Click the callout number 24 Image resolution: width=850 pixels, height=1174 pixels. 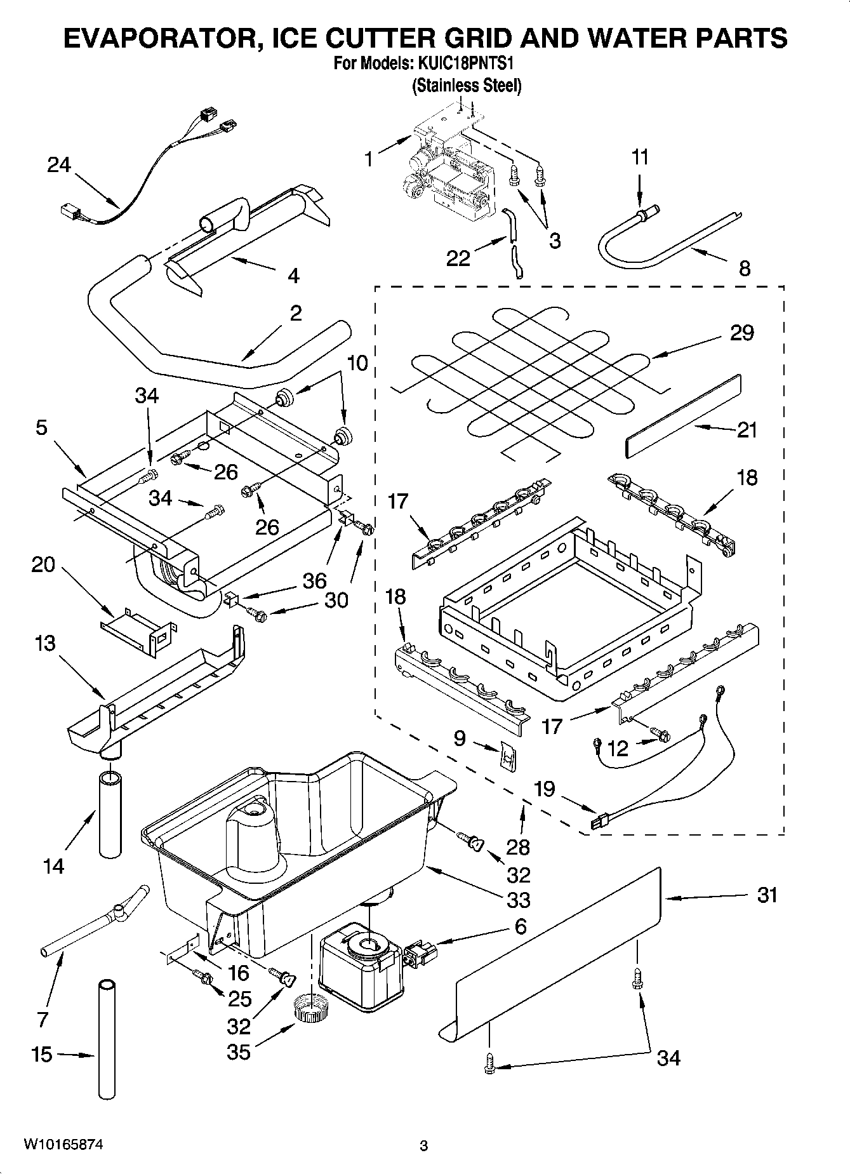59,165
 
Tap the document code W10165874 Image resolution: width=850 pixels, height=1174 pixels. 63,1145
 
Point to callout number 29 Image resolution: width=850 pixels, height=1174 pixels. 741,332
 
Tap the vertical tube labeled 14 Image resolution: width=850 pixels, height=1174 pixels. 110,813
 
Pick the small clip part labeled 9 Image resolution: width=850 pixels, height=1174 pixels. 505,756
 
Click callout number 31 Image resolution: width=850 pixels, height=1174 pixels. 767,896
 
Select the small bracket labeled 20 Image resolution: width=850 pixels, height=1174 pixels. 137,630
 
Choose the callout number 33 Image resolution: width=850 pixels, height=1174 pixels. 519,900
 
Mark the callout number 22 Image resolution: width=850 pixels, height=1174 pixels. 458,258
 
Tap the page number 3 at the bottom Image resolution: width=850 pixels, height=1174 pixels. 424,1146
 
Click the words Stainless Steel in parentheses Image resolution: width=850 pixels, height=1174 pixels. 467,86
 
